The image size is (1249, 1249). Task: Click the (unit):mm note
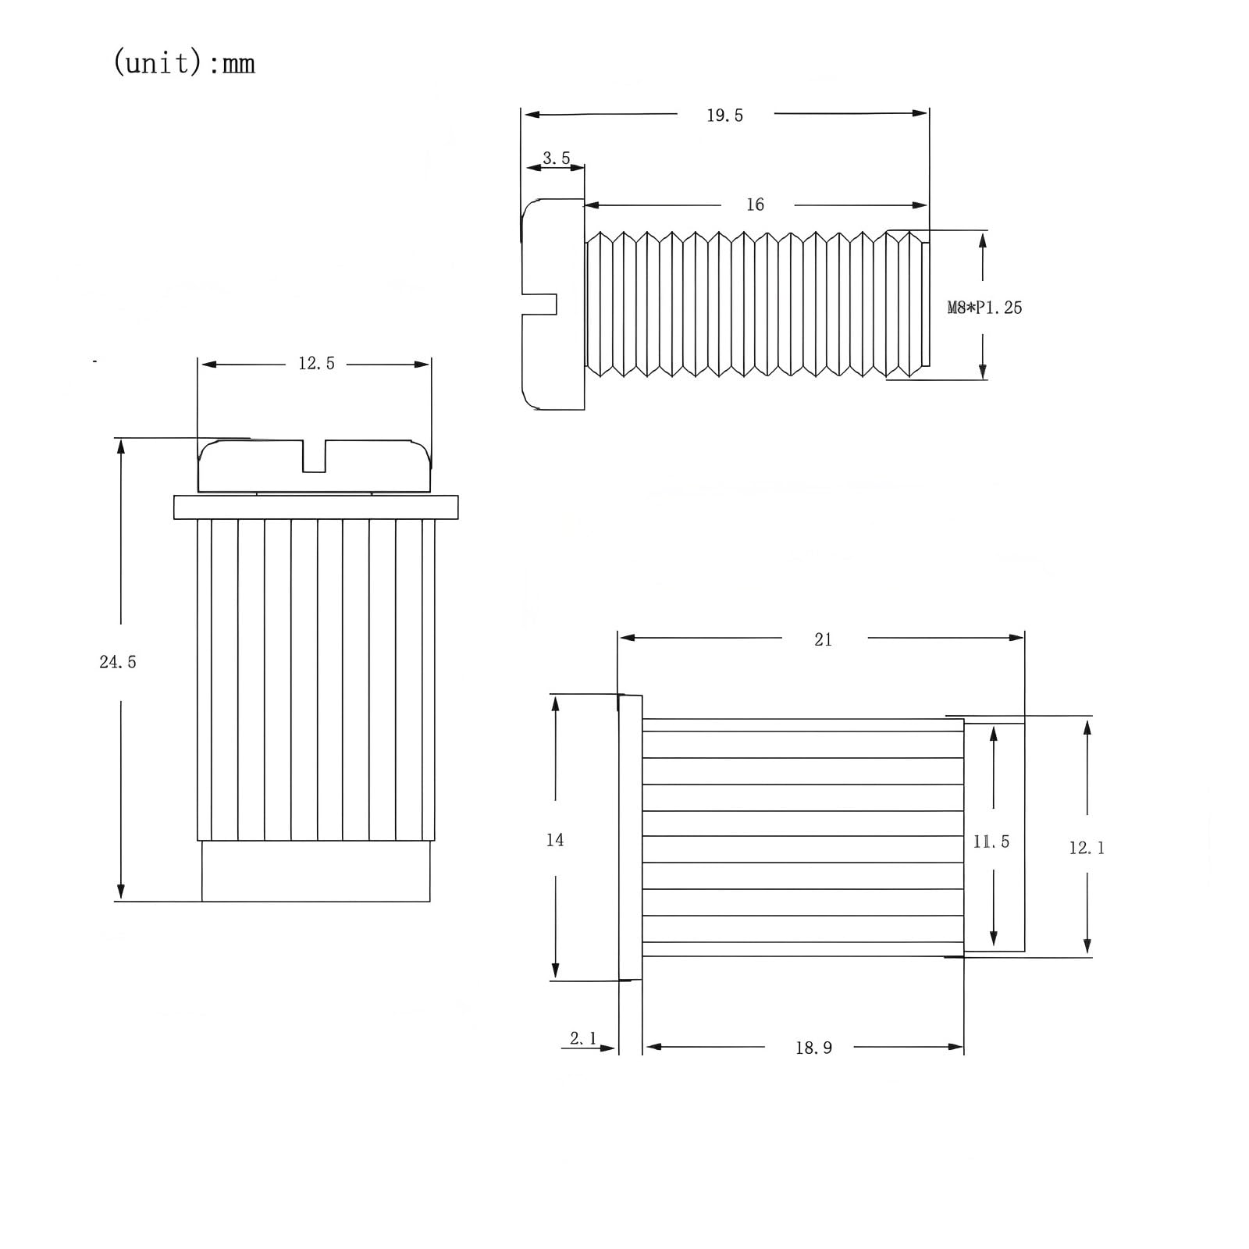coord(184,62)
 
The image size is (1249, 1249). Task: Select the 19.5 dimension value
coord(724,116)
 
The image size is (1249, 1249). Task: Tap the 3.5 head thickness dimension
coord(556,158)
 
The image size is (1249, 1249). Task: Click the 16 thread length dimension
coord(755,205)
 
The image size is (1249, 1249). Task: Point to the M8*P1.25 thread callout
coord(984,308)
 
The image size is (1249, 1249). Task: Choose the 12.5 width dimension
coord(316,363)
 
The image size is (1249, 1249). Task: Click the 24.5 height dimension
coord(118,662)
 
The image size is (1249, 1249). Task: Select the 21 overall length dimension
coord(823,640)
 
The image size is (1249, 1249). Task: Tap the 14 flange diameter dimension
coord(555,840)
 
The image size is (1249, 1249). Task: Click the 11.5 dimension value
coord(991,842)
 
